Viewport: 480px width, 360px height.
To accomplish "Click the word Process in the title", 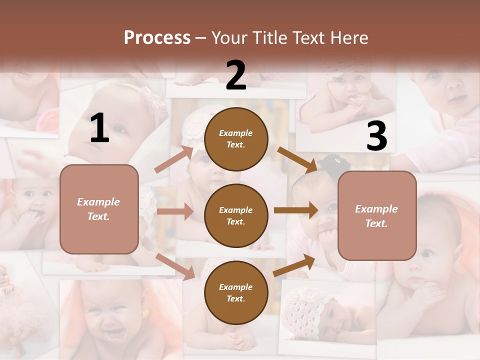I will point(157,38).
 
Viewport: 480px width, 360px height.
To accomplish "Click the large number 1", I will point(99,128).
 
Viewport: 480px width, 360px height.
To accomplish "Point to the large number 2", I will point(236,75).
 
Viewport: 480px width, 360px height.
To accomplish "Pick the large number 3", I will point(376,136).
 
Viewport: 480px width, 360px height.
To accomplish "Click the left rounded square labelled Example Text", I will point(99,209).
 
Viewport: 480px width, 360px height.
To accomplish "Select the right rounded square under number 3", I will point(377,216).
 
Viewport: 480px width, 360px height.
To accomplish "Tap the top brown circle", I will point(236,139).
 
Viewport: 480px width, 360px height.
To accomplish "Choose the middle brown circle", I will point(236,215).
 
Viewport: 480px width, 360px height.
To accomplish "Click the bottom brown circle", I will point(236,292).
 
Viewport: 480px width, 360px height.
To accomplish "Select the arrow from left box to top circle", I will point(174,159).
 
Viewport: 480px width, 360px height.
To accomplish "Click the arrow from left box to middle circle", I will point(174,211).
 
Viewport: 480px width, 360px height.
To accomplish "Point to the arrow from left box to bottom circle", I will point(175,266).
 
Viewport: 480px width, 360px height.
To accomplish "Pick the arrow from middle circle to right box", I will point(296,210).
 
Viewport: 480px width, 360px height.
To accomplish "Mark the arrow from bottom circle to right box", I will point(294,265).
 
